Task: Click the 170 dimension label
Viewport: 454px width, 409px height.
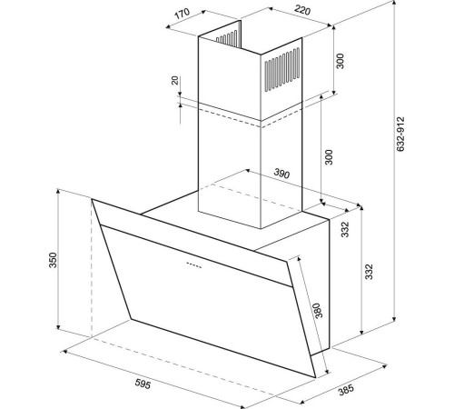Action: point(182,13)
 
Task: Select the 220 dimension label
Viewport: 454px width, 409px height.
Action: point(302,11)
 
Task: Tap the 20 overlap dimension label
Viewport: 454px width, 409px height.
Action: point(175,80)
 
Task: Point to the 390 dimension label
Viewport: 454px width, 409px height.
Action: point(281,174)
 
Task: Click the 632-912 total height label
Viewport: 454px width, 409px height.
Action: point(400,134)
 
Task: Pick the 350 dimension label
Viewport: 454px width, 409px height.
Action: point(53,260)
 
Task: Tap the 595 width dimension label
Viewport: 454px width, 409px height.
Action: point(143,384)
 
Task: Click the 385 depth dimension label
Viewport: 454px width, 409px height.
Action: point(346,390)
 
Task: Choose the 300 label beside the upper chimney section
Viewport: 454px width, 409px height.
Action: point(340,61)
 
